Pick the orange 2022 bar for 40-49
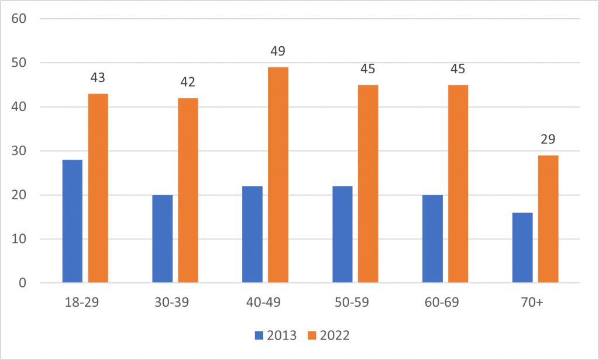tap(278, 175)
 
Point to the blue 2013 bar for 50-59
tap(342, 235)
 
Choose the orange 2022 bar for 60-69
tap(458, 184)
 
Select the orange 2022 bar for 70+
tap(548, 219)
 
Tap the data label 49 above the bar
tap(278, 52)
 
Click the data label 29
tap(548, 139)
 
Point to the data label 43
tap(98, 78)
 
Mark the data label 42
tap(188, 82)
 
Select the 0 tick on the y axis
tap(23, 283)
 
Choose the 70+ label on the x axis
tap(535, 303)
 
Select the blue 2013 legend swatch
tap(259, 335)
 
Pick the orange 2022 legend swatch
tap(312, 335)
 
